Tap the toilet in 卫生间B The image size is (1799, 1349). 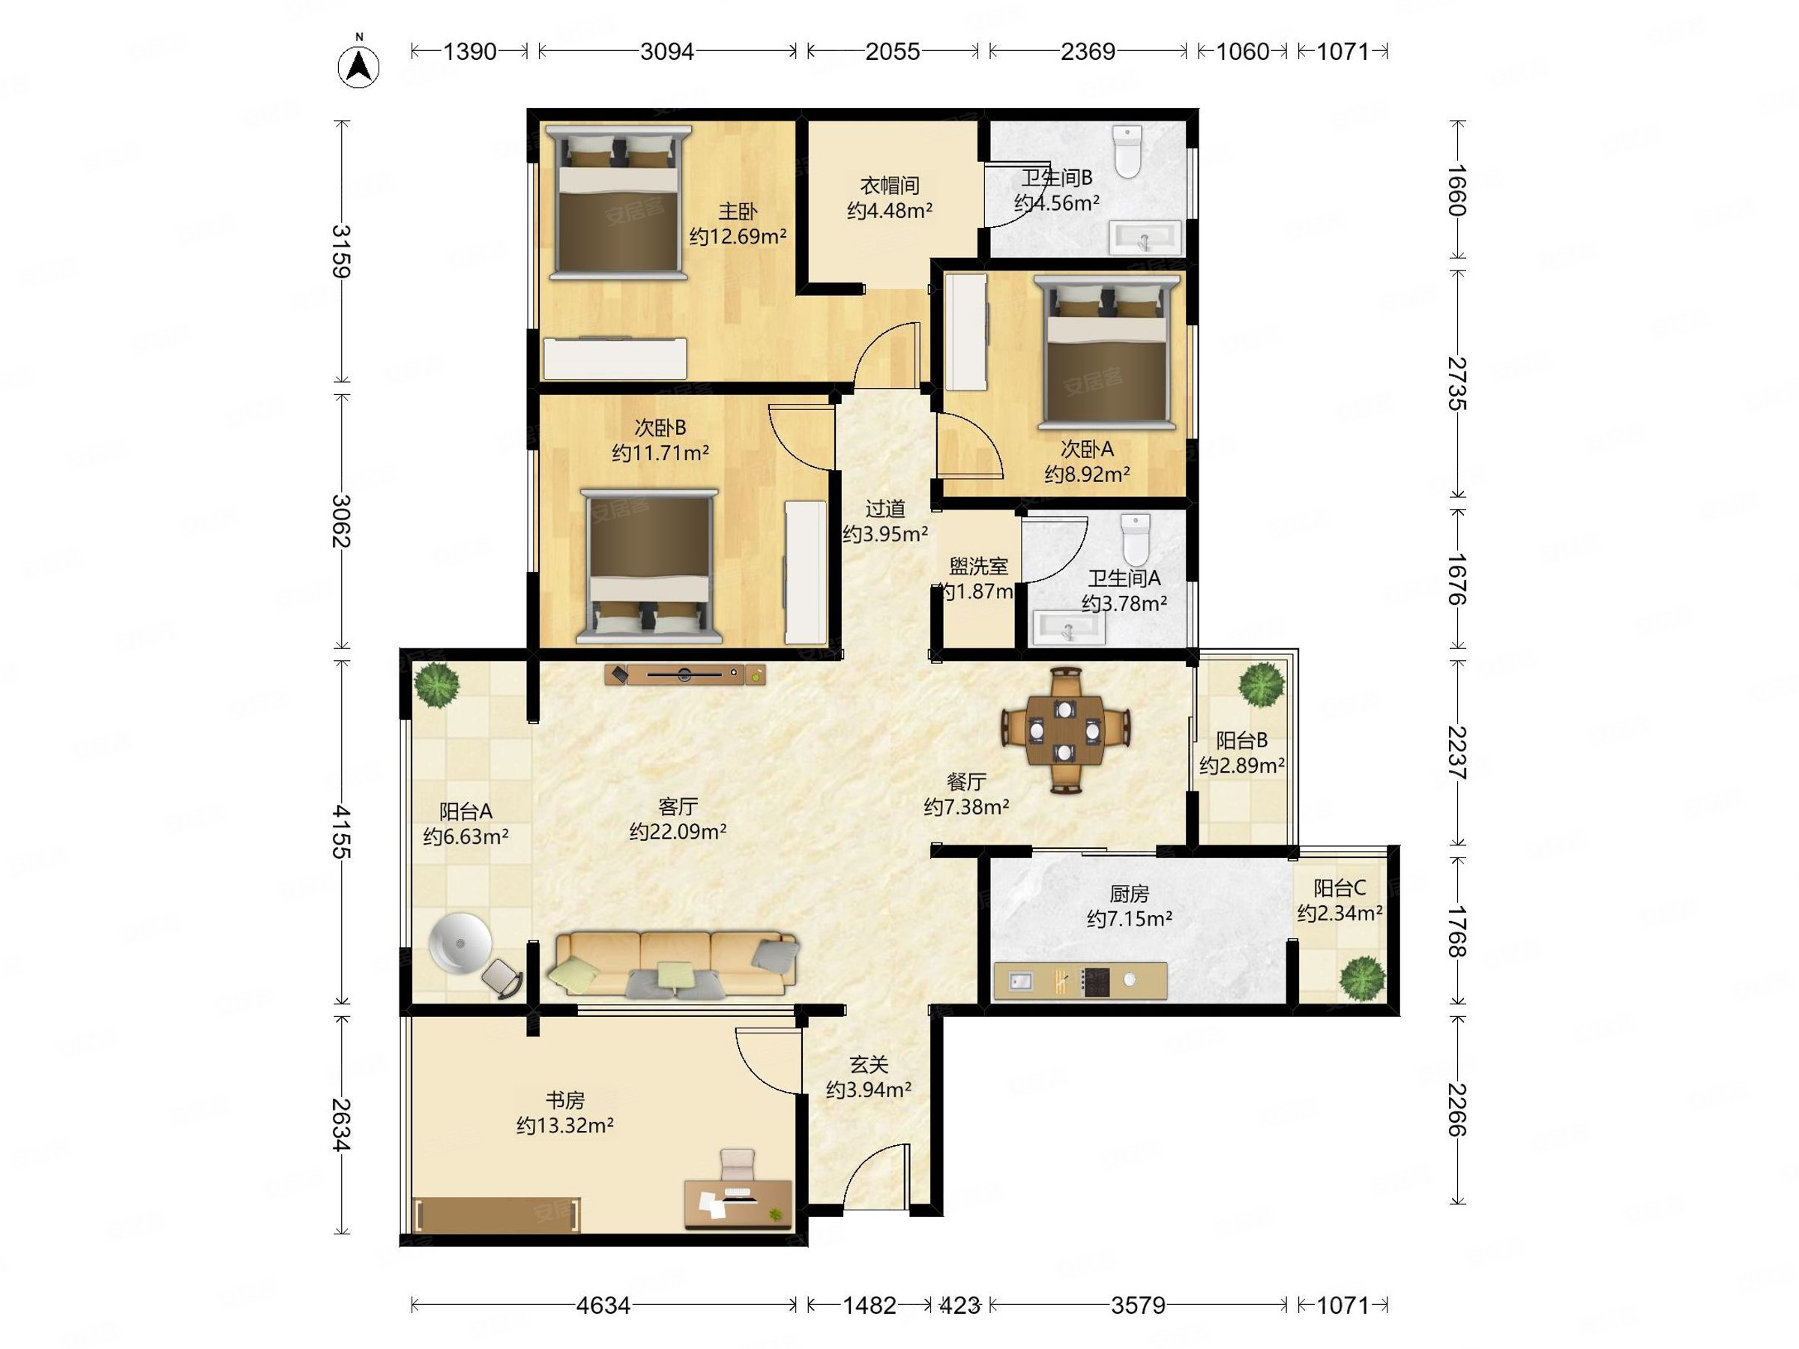click(x=1127, y=151)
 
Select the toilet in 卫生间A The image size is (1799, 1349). click(x=1135, y=539)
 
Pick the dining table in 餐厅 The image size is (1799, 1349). click(x=1064, y=730)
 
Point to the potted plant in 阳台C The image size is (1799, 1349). click(x=1362, y=978)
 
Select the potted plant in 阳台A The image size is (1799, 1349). click(x=438, y=685)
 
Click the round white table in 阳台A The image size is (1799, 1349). click(x=460, y=944)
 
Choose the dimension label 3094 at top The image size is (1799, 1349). click(x=667, y=51)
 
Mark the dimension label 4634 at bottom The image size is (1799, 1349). click(x=603, y=1305)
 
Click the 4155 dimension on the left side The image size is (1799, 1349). click(x=342, y=832)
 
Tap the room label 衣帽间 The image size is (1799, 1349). click(x=890, y=185)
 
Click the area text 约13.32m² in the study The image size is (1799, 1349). click(x=564, y=1126)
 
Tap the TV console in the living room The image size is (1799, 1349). click(x=685, y=674)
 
